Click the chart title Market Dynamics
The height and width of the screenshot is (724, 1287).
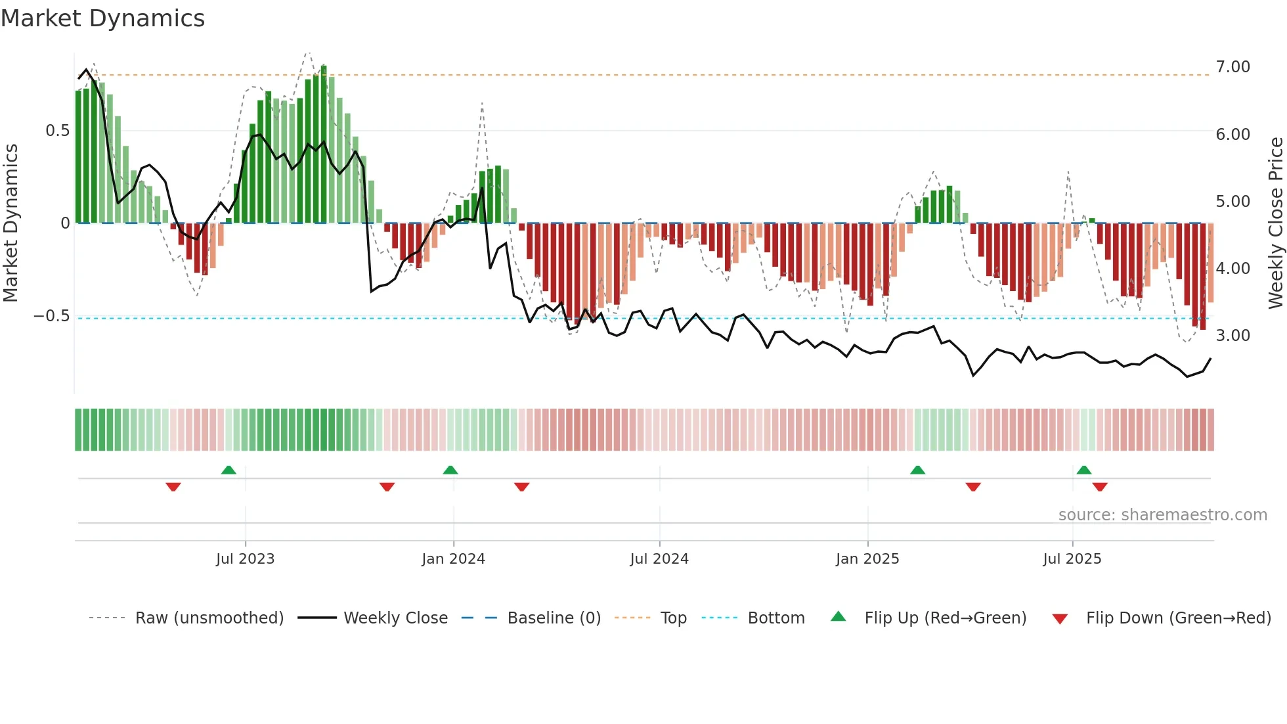coord(102,18)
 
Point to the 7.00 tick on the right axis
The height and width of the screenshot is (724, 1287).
coord(1232,67)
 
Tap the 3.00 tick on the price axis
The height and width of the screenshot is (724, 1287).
coord(1232,336)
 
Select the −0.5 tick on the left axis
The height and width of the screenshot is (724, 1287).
coord(52,316)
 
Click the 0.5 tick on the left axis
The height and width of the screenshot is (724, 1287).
coord(57,131)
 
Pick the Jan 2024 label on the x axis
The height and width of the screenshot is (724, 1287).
coord(453,559)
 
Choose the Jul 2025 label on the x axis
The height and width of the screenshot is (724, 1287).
coord(1072,559)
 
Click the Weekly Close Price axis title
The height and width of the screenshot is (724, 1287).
coord(1275,223)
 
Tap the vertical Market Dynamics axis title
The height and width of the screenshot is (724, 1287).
coord(11,223)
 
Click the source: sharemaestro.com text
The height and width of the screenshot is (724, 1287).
coord(1162,515)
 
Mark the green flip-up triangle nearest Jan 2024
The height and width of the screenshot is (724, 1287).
coord(450,470)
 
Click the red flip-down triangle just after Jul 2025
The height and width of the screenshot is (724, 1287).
coord(1100,487)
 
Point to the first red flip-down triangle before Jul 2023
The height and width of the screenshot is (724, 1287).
coord(173,487)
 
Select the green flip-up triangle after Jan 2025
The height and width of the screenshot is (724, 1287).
coord(917,470)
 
